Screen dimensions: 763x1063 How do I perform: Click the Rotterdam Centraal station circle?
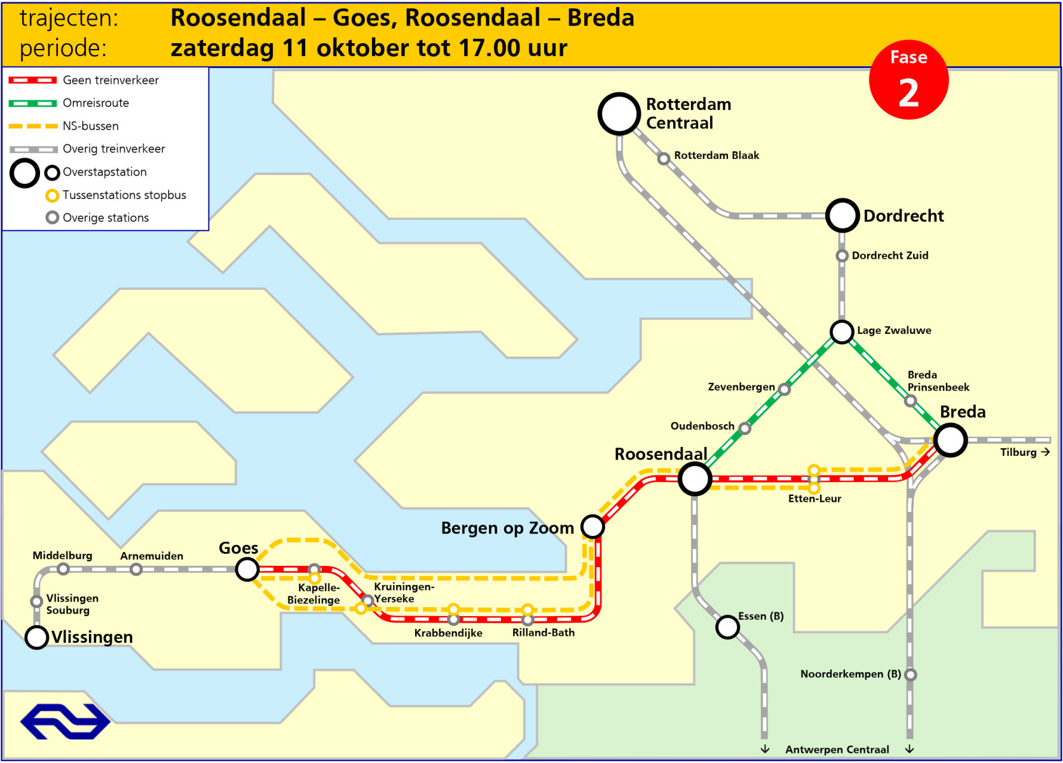point(619,114)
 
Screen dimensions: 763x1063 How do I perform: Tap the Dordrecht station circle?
point(842,216)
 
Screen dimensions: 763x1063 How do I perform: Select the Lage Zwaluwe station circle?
point(842,331)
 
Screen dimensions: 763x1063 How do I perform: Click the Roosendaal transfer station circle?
point(694,479)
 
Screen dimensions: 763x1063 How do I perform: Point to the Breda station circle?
point(950,440)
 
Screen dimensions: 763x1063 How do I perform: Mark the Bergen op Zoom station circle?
point(593,526)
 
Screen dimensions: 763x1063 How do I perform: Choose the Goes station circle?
point(247,569)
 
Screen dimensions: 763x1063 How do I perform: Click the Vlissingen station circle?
point(37,637)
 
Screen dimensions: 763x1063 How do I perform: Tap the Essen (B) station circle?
point(727,627)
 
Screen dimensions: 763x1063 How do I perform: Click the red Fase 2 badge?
point(909,81)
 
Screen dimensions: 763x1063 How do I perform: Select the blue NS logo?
point(65,721)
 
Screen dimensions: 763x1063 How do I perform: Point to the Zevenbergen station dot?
point(785,390)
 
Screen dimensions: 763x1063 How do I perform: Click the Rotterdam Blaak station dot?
point(663,158)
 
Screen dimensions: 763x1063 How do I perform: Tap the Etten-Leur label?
point(814,499)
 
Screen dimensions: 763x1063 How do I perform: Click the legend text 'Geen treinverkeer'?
point(111,80)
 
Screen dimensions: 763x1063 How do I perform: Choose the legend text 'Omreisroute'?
point(95,103)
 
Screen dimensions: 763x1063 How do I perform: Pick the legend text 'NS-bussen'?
point(90,126)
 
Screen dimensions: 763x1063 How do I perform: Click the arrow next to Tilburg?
point(1045,452)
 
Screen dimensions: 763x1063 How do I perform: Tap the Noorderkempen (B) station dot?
point(910,675)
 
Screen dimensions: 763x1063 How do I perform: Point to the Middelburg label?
point(62,556)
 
